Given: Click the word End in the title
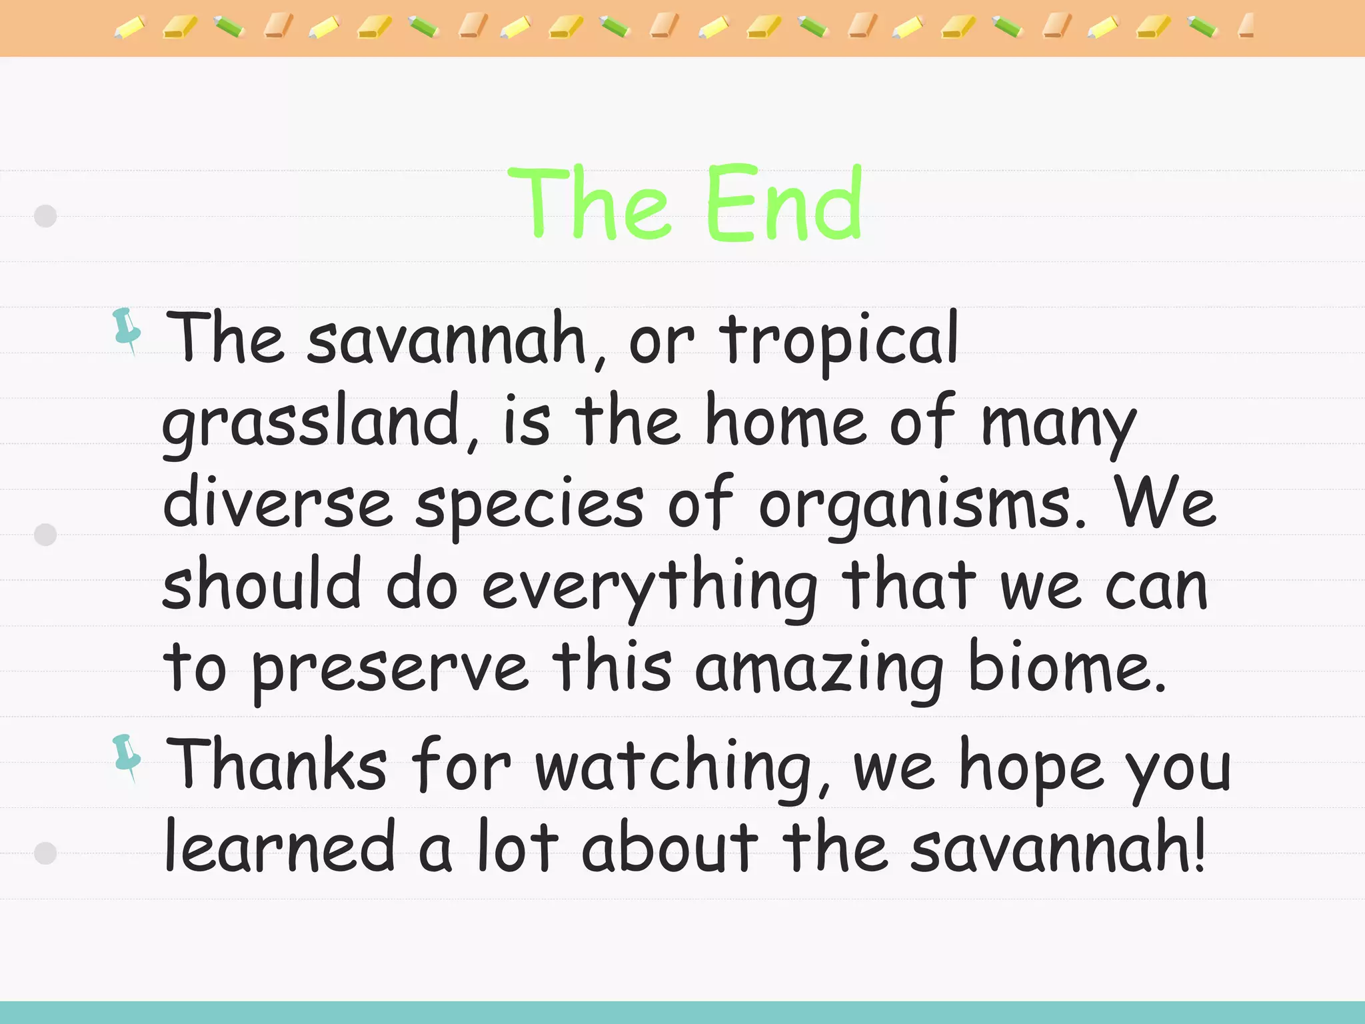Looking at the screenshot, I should pos(784,203).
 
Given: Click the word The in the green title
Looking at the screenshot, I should pos(588,203).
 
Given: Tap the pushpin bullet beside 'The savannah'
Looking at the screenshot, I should pos(127,331).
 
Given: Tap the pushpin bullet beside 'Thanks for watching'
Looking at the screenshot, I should pos(127,757).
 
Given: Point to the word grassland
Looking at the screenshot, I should pos(312,424).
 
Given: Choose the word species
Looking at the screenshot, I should pos(530,507).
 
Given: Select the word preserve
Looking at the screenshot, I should pos(391,671).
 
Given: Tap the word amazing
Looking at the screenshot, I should pos(819,671).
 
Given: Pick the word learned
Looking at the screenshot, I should pos(281,847).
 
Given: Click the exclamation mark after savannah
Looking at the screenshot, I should pos(1199,845).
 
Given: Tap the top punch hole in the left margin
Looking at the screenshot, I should pos(45,216).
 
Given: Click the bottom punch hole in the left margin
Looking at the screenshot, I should pos(45,853).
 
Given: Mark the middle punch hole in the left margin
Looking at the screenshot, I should pos(45,535).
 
